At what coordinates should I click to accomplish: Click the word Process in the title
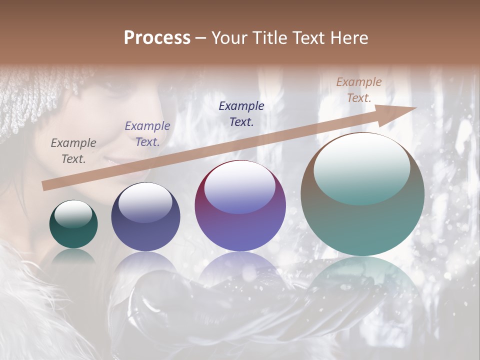point(157,38)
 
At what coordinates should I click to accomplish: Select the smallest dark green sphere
point(73,224)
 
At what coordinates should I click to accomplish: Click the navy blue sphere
point(145,216)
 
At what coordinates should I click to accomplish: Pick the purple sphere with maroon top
point(240,205)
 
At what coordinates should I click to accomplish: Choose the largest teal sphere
point(362,194)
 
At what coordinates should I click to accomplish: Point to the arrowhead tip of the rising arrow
point(415,107)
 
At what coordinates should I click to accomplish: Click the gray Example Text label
point(73,151)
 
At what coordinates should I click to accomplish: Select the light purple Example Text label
point(147,134)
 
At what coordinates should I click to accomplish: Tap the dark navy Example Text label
point(241,113)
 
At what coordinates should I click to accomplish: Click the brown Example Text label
point(358,90)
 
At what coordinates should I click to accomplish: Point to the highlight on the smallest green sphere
point(73,214)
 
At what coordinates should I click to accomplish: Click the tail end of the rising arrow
point(45,186)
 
